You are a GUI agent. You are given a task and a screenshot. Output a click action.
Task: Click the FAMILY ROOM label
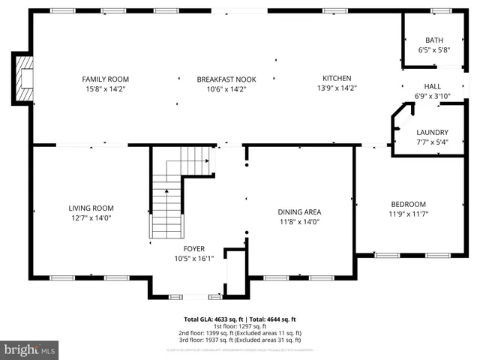click(x=106, y=79)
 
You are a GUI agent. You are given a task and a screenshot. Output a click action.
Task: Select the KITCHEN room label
click(x=337, y=78)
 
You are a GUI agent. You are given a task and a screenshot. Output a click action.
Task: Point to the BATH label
click(x=434, y=40)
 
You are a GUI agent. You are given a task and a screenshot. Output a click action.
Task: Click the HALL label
click(x=433, y=86)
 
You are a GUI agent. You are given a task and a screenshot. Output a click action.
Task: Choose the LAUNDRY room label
click(x=432, y=132)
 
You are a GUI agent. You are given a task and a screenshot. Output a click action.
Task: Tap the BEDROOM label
click(x=408, y=204)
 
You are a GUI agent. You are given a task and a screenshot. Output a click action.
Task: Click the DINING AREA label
click(x=299, y=211)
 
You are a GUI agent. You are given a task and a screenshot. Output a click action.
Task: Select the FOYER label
click(x=194, y=249)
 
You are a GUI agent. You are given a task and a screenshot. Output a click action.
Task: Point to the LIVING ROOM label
click(x=91, y=208)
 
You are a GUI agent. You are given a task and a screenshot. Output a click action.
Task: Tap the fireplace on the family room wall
click(x=24, y=78)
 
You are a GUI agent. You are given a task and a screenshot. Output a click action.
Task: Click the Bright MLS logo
click(x=30, y=349)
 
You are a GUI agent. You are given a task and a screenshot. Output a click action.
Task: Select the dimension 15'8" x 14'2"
click(x=106, y=88)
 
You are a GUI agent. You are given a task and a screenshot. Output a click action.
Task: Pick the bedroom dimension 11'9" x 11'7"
click(x=408, y=214)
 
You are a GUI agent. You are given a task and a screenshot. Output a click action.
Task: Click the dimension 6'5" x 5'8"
click(x=434, y=50)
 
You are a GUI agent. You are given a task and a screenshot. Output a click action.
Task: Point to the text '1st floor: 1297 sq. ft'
click(x=240, y=326)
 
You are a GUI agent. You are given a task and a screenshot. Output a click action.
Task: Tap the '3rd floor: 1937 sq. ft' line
click(x=240, y=340)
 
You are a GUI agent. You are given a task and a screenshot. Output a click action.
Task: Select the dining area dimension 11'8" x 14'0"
click(x=299, y=221)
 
